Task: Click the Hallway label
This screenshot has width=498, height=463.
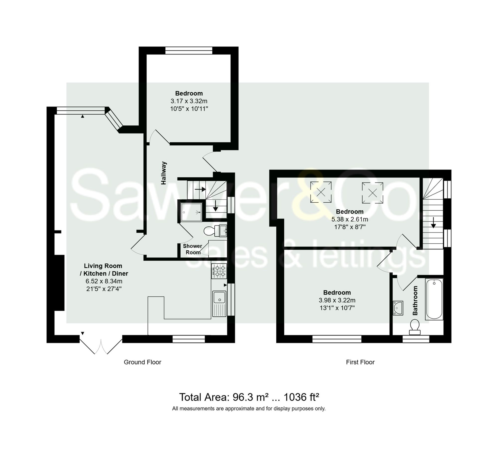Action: [x=164, y=173]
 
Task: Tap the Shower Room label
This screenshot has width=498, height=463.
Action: [x=192, y=249]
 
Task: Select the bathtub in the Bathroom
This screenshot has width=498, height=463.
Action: [x=434, y=299]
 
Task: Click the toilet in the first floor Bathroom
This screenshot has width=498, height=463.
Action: [x=415, y=327]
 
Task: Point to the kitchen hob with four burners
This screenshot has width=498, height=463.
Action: [x=219, y=271]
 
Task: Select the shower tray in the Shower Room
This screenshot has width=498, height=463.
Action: [x=191, y=212]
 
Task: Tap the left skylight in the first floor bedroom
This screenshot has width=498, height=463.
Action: [x=321, y=192]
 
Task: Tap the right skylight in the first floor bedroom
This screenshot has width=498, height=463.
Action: [x=373, y=193]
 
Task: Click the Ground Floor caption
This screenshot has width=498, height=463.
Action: [x=142, y=362]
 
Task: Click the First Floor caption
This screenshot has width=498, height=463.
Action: [x=360, y=362]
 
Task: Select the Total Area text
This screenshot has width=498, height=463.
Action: [x=249, y=397]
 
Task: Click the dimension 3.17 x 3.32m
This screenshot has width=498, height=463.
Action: [x=189, y=101]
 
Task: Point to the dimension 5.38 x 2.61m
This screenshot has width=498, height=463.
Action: [x=350, y=219]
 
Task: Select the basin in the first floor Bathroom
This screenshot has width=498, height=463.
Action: [x=398, y=308]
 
